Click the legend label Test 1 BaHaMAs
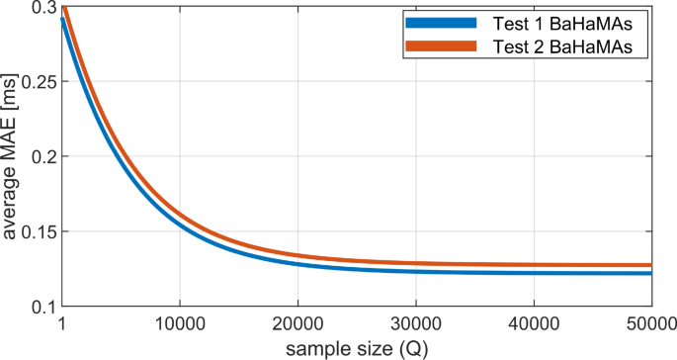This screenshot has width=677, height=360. (568, 23)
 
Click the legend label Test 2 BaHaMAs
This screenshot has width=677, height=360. (568, 46)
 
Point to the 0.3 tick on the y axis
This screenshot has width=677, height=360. (41, 7)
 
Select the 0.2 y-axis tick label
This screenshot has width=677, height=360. (41, 156)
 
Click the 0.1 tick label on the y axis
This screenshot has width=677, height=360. (41, 307)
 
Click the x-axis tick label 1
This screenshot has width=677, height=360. (61, 323)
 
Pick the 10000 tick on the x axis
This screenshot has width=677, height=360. (179, 323)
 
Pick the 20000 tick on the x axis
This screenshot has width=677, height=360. (297, 323)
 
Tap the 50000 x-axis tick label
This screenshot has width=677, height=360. (649, 323)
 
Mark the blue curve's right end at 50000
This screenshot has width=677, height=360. (650, 273)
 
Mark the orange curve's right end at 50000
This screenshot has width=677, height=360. (650, 265)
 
